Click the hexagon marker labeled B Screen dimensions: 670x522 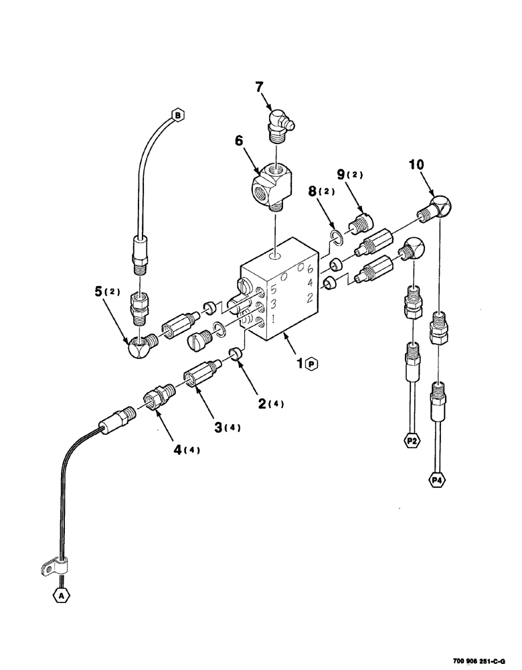click(177, 115)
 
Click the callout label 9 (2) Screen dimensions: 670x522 click(350, 176)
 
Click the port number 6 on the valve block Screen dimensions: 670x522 click(309, 269)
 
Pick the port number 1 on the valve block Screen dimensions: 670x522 click(272, 320)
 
